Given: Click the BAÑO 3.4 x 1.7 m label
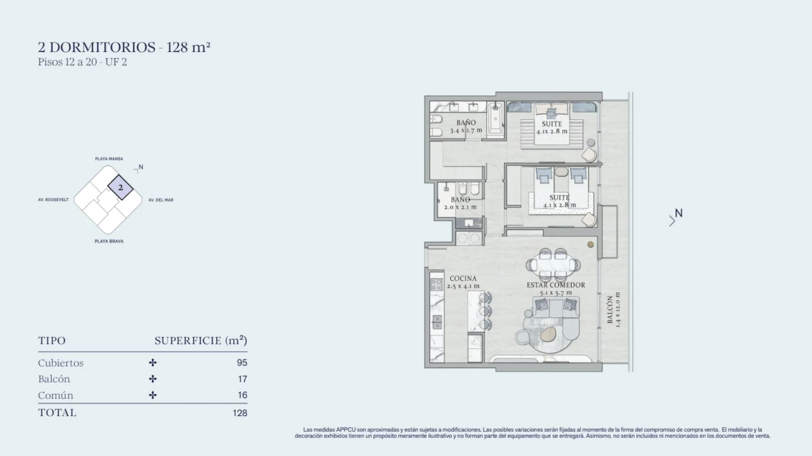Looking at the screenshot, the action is coord(466,126).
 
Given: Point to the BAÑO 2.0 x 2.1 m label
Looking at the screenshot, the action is coord(461,203).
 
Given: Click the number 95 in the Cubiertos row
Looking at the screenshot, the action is coord(242,363).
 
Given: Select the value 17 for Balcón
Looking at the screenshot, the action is coord(242,379).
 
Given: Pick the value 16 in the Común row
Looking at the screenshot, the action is coord(242,395).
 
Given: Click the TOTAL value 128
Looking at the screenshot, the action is coord(240,413).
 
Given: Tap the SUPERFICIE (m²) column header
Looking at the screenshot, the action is coord(201,341).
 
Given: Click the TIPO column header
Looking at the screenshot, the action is coord(52,341).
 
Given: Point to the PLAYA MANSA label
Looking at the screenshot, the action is coord(109,159).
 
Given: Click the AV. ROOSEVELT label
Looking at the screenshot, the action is coord(53,200).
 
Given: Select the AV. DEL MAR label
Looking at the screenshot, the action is coord(161,200).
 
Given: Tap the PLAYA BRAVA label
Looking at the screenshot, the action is coord(109,241).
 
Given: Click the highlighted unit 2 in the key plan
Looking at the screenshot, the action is coord(121,187).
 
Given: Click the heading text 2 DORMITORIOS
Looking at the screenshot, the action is coord(97,47).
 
